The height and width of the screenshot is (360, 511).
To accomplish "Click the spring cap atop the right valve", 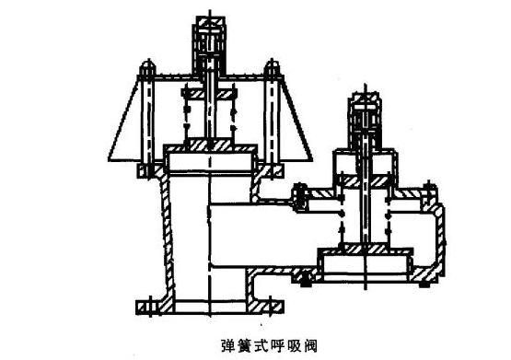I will tap(366, 114).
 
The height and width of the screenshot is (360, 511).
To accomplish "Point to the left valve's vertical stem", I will tap(209, 101).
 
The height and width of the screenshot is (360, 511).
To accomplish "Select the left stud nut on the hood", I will tap(146, 68).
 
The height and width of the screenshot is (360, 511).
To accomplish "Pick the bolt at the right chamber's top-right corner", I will tap(428, 189).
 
